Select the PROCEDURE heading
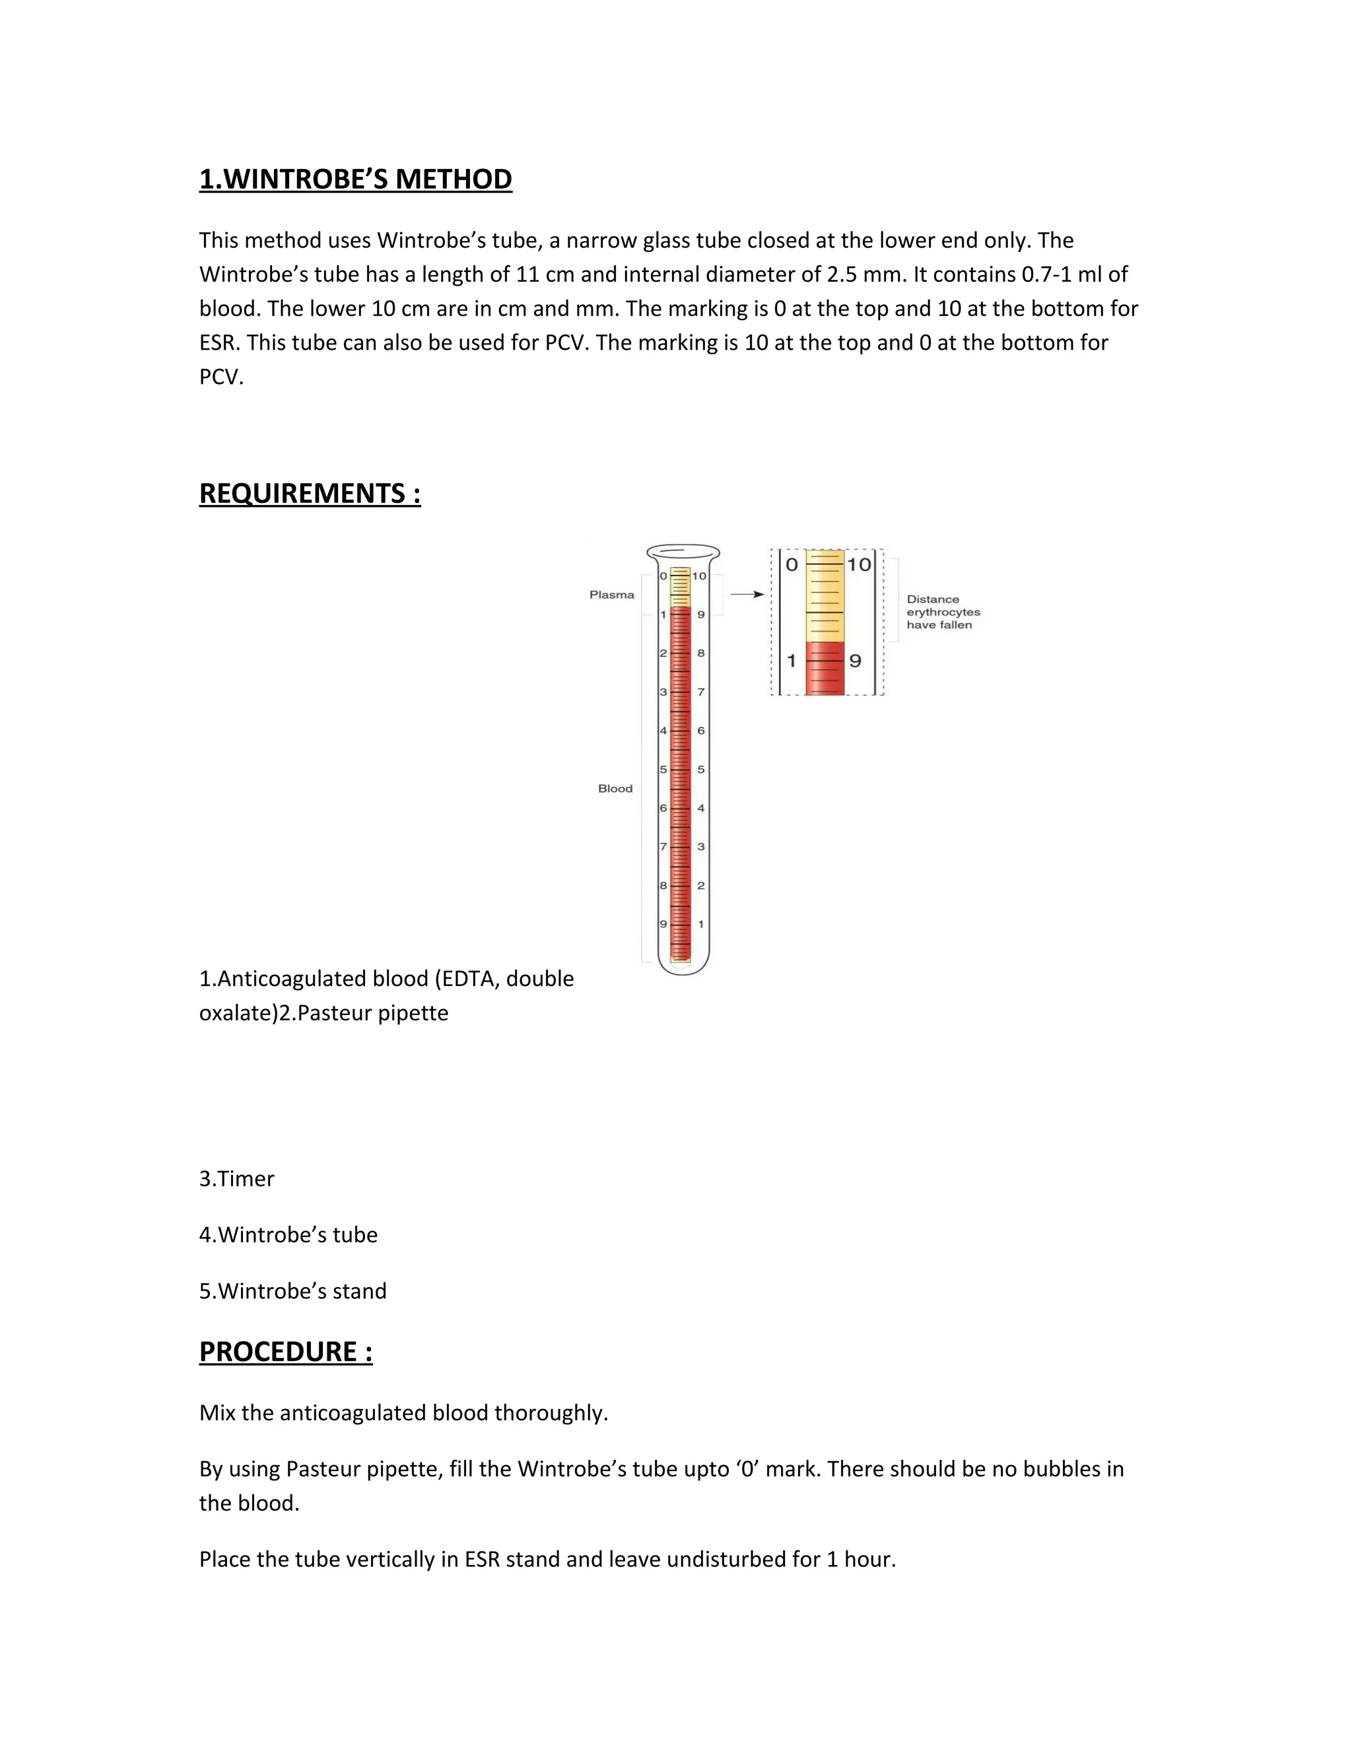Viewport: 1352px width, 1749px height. pos(285,1352)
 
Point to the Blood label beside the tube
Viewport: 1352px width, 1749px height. pos(615,789)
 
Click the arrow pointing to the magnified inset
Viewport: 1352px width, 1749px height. pos(747,594)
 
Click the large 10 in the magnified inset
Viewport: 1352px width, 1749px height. pos(859,564)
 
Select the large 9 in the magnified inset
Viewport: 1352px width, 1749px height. pos(856,661)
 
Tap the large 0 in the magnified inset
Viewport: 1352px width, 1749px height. pos(792,564)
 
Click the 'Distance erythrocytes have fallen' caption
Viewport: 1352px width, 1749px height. pos(943,612)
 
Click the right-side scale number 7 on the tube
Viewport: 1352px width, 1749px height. pos(701,692)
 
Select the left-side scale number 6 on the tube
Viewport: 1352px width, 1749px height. pos(663,808)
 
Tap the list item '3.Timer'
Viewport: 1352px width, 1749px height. pos(236,1179)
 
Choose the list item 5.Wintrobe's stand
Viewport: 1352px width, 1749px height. pos(292,1291)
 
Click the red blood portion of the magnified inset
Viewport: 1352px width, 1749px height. pos(824,668)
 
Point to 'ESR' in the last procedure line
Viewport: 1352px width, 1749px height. pos(482,1559)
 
